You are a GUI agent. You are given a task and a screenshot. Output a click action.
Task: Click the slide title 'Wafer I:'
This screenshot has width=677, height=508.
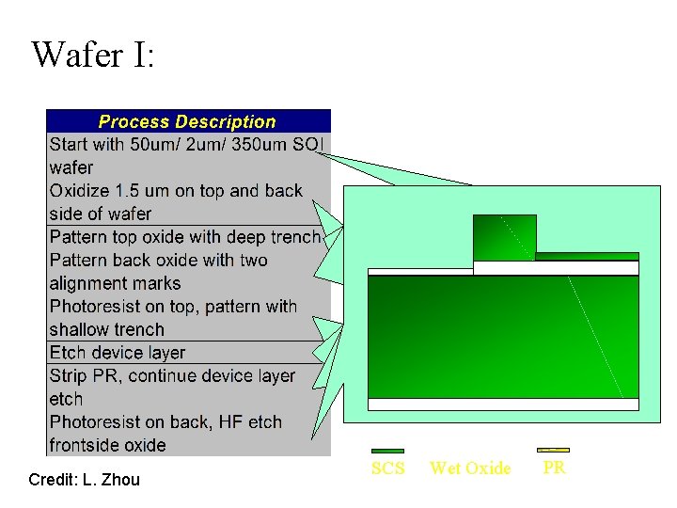coord(92,55)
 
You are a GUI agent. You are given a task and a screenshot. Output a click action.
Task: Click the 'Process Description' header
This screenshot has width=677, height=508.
coord(187,121)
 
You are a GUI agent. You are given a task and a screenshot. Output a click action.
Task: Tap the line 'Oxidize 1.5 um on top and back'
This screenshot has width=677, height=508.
coord(176,191)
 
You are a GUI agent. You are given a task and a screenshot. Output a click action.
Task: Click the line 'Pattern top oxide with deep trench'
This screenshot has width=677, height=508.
coord(185,237)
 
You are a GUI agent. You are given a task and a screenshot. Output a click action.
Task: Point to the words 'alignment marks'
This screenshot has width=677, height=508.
coord(115,283)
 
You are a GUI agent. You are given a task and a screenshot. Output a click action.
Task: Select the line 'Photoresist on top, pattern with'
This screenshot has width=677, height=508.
coord(173,307)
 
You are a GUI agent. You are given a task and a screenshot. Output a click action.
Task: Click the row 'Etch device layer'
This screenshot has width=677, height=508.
coord(118,353)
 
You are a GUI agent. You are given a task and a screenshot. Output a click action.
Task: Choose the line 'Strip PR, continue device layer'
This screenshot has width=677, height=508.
coord(172,376)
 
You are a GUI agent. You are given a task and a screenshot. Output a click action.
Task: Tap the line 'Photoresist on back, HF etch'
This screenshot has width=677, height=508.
coord(165,422)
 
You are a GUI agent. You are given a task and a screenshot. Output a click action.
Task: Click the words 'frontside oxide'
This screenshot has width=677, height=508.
coord(107,445)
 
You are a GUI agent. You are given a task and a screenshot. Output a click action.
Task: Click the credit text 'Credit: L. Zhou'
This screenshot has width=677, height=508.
coord(84,480)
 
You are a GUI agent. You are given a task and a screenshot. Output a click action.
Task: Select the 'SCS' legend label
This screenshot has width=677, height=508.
coord(387,468)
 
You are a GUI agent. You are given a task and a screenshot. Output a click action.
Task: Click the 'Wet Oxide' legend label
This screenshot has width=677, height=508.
coord(470,468)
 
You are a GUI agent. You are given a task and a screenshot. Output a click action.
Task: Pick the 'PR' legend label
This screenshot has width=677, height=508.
coord(554,468)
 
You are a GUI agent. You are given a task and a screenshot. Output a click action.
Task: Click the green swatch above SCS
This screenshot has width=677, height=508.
coord(387,452)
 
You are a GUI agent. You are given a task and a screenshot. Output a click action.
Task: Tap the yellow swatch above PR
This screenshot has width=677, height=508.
coord(553,451)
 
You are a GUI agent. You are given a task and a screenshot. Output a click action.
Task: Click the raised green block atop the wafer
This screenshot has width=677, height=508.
coord(504,237)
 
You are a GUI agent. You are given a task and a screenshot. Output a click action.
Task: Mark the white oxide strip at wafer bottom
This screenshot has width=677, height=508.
coord(503,405)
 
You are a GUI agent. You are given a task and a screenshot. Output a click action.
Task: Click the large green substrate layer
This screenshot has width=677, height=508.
coord(503,336)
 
